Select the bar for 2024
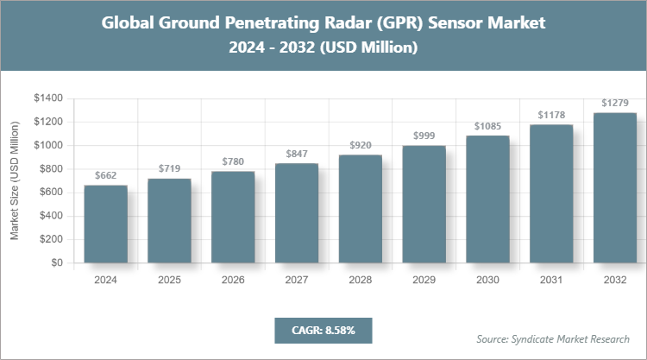105,224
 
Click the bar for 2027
297,212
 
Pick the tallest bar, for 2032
615,187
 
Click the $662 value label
105,175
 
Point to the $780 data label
233,161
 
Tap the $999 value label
424,136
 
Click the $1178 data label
551,115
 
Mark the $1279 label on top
615,103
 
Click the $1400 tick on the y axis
48,98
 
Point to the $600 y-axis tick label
51,193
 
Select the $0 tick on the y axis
57,262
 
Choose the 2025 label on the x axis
169,281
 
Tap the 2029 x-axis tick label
424,281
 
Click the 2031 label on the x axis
551,281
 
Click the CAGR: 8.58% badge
323,330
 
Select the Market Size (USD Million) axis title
16,180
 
